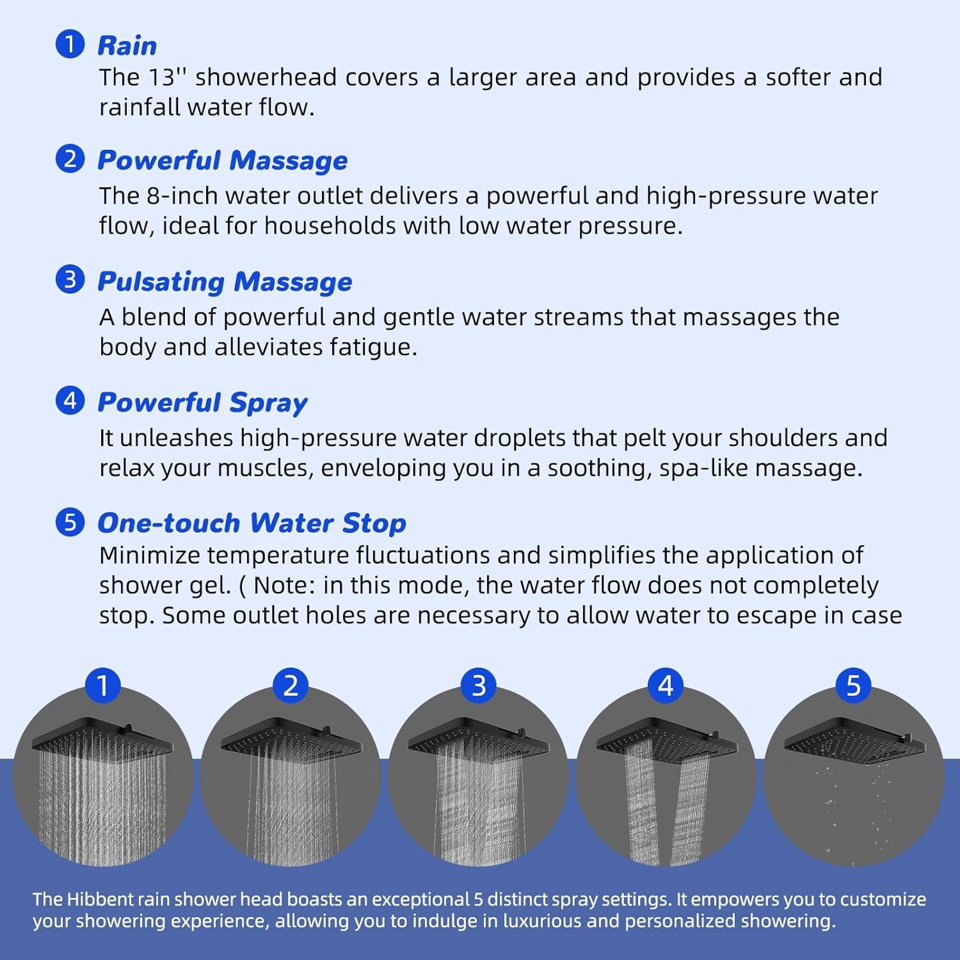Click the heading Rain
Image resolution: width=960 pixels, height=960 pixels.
click(127, 46)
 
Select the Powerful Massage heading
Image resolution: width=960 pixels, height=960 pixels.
click(222, 161)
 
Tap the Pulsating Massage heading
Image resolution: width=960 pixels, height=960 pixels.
click(225, 282)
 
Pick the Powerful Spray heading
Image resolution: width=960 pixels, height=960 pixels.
click(202, 403)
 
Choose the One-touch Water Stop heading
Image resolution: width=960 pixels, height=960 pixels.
click(252, 523)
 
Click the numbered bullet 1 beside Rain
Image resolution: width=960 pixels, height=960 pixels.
click(70, 44)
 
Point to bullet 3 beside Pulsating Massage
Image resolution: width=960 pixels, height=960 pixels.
click(70, 280)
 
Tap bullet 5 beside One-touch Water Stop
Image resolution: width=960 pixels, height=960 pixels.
click(70, 522)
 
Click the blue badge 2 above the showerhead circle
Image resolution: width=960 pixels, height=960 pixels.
click(291, 685)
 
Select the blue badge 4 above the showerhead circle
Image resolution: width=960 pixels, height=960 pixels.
click(666, 685)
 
